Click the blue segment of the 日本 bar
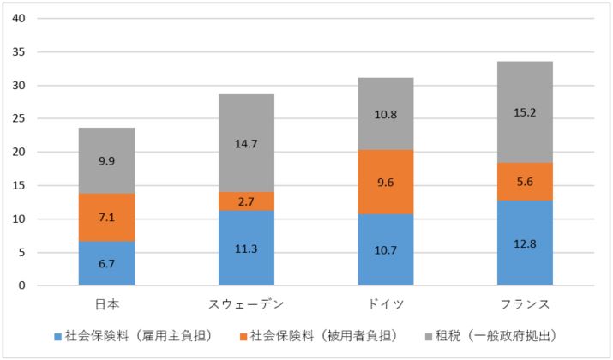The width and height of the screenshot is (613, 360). (x=106, y=263)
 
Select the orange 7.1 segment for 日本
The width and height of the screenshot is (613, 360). (x=106, y=217)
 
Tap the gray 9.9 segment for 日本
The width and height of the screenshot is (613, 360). (x=106, y=160)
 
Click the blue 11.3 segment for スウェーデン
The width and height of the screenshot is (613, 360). (x=246, y=248)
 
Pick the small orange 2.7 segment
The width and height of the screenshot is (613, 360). (x=246, y=201)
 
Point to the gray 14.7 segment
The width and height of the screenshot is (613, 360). (x=246, y=143)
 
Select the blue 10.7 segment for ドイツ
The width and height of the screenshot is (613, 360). (x=385, y=249)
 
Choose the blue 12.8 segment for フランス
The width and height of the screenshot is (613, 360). (x=525, y=243)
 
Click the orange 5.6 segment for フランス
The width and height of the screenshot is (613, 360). (x=525, y=181)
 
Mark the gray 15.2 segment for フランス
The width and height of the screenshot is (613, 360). (x=525, y=111)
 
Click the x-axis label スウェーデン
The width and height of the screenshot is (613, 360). (x=246, y=305)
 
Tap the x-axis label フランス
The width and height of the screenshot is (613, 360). (x=525, y=305)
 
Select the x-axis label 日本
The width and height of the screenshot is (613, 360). (x=106, y=305)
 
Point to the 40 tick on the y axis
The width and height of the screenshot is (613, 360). (x=18, y=19)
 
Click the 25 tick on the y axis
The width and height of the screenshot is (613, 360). (x=18, y=119)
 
